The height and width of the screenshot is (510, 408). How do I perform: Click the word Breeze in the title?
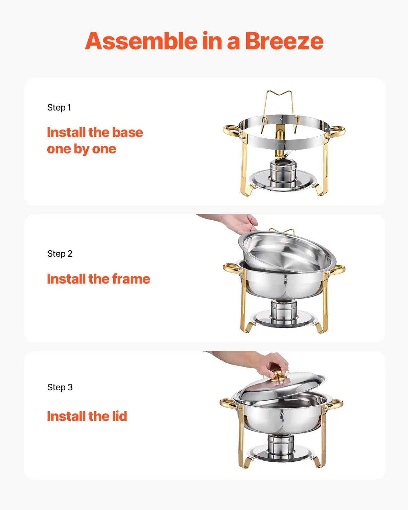coord(284,41)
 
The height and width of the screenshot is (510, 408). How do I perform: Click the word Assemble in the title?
coord(141,41)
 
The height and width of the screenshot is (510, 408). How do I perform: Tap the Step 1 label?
coord(59,107)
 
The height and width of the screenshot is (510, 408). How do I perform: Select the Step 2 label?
coord(60,254)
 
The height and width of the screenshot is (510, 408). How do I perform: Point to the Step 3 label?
coord(60,387)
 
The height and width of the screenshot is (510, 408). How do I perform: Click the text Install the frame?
coord(98,279)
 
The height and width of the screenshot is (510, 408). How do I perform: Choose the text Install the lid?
coord(87,416)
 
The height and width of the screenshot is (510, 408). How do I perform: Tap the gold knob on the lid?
coord(279,375)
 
